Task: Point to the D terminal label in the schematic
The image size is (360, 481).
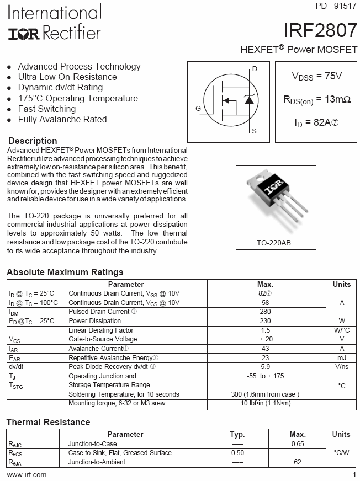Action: click(x=255, y=69)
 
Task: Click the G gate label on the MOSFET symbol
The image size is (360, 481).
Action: click(x=198, y=109)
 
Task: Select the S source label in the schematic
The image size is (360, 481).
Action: click(x=254, y=131)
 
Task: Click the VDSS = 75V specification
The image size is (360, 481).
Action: click(x=316, y=76)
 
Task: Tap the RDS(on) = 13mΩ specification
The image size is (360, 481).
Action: click(x=316, y=99)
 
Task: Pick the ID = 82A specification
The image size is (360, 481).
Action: click(x=316, y=122)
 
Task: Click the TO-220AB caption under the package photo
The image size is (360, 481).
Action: click(x=273, y=242)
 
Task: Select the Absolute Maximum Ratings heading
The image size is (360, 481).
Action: click(x=65, y=272)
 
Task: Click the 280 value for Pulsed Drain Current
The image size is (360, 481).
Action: click(x=265, y=312)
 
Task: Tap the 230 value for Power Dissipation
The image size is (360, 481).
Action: click(x=265, y=321)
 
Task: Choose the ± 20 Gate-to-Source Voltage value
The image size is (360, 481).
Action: click(x=265, y=339)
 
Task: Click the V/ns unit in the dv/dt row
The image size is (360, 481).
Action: click(x=342, y=366)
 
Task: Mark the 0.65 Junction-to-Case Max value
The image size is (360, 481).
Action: click(x=298, y=443)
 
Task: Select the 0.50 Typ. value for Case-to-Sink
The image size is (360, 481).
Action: click(x=237, y=453)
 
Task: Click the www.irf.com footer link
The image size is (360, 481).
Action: click(x=27, y=474)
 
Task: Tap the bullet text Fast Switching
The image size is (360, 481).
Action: click(x=47, y=109)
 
